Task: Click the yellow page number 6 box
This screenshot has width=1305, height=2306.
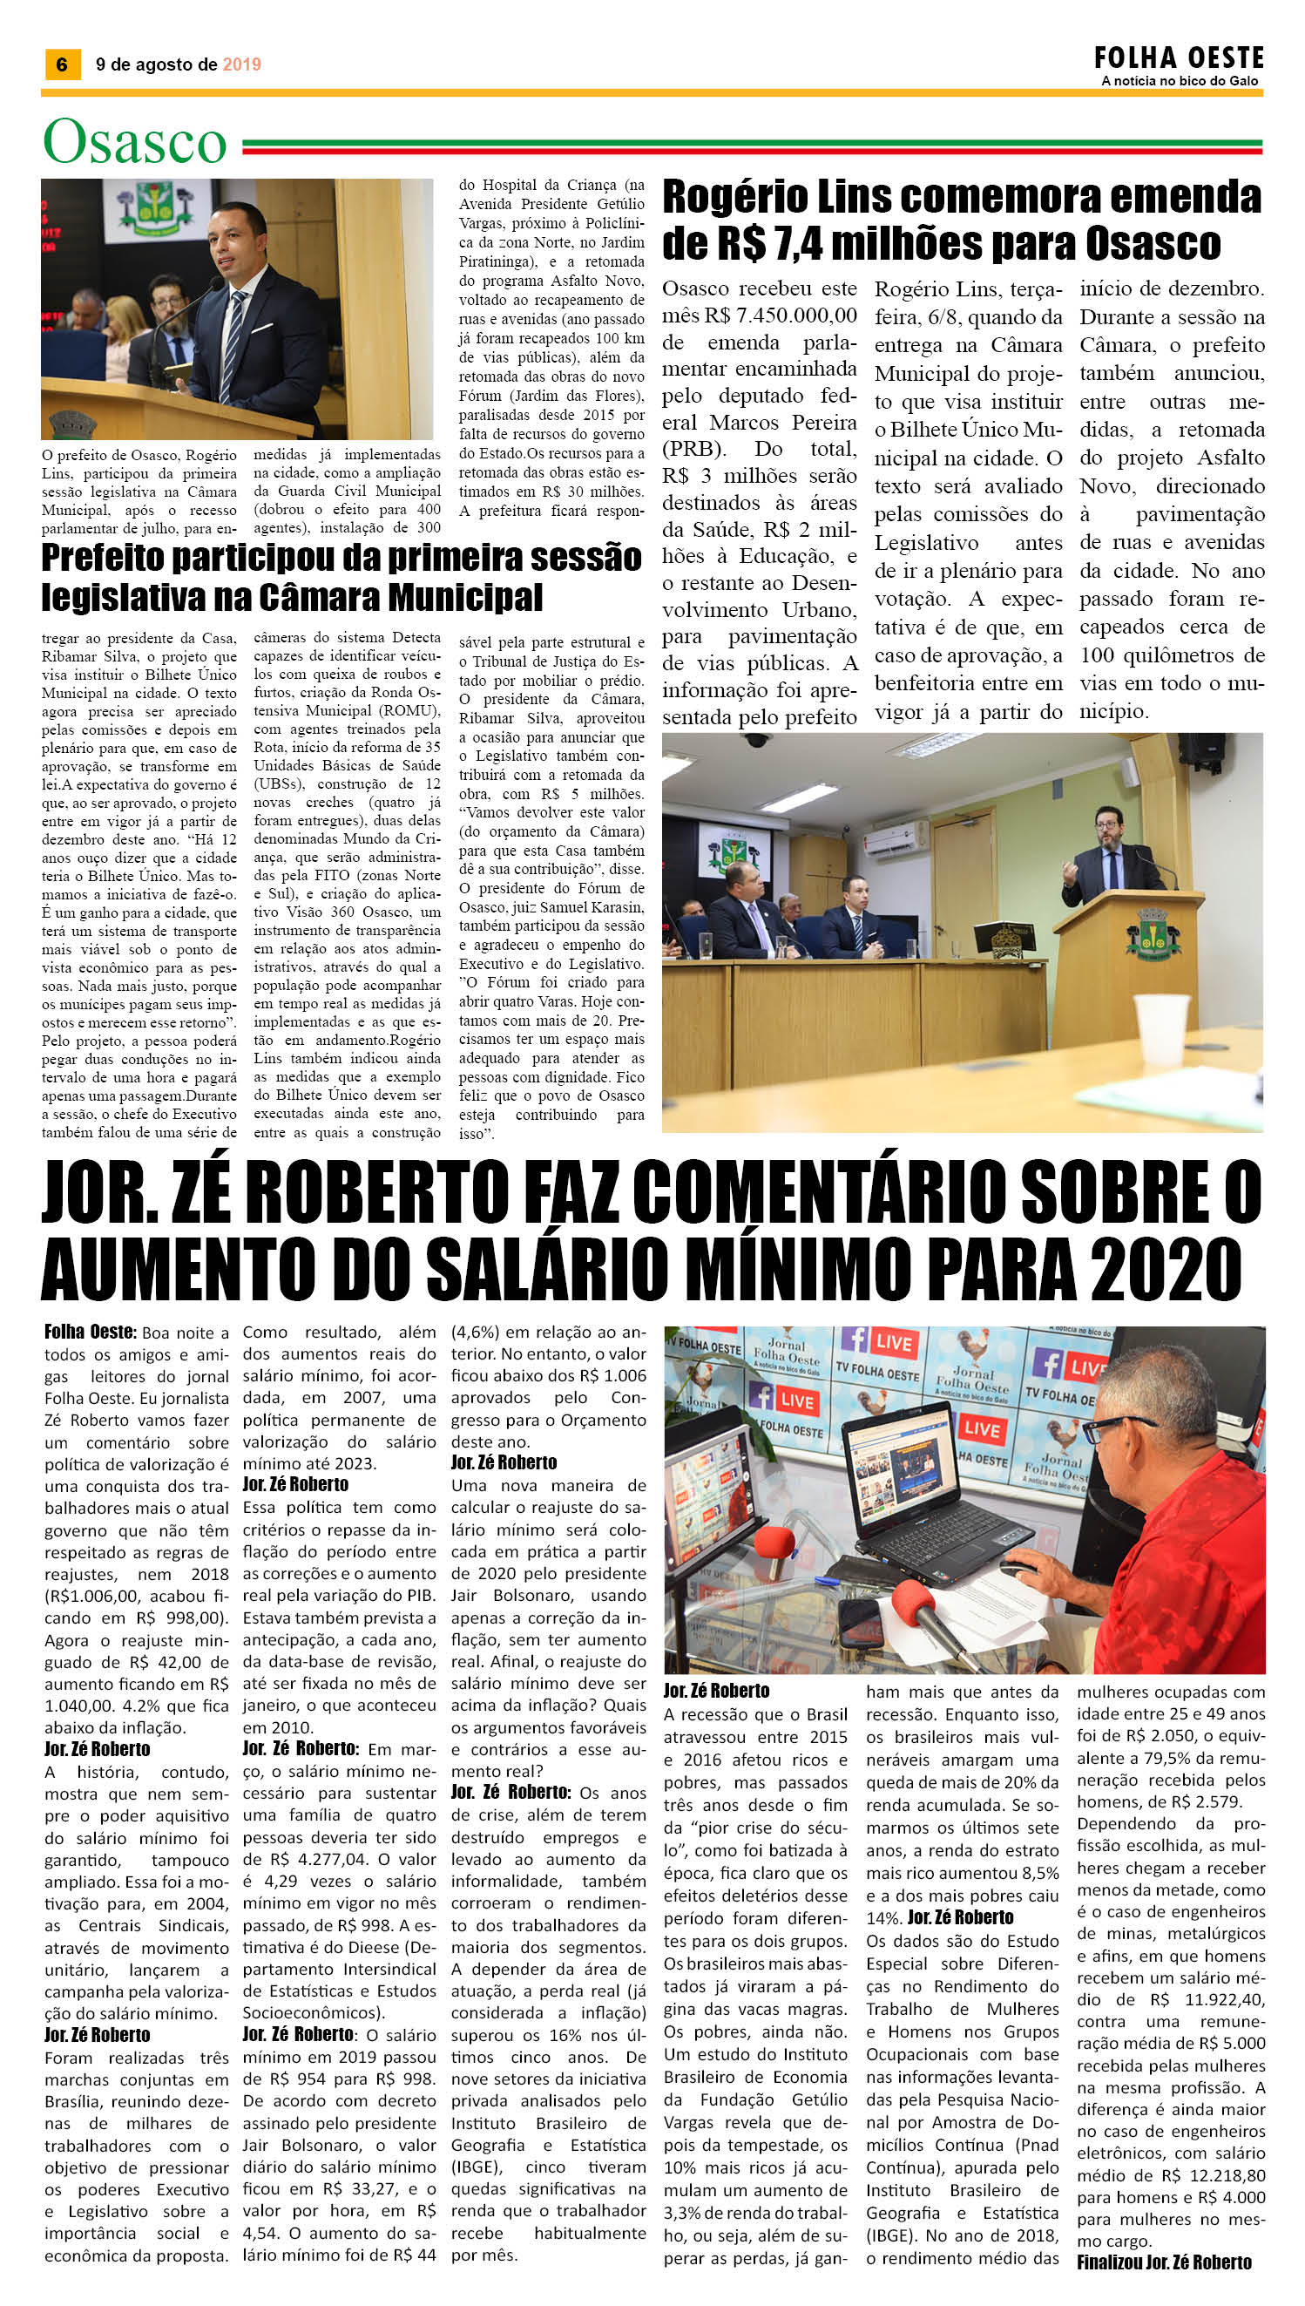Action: point(62,64)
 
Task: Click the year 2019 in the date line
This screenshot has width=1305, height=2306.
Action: point(241,64)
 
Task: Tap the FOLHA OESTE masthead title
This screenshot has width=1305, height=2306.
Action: point(1179,59)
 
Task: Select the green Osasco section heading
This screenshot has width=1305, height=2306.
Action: point(134,143)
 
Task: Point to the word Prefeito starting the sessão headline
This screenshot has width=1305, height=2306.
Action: point(103,558)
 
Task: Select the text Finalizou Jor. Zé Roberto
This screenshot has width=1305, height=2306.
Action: point(1164,2279)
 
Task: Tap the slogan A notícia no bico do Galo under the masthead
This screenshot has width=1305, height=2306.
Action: point(1180,81)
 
